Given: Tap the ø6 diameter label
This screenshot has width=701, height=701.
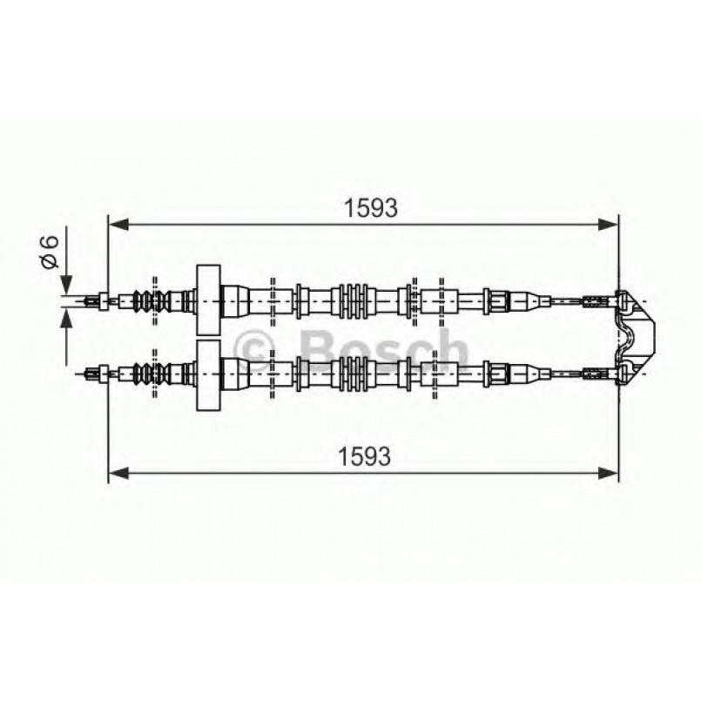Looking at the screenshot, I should click(51, 252).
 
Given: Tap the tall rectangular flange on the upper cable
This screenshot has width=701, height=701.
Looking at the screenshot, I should click(209, 300).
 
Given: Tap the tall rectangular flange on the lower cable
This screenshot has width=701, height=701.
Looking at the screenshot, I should click(209, 374).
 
